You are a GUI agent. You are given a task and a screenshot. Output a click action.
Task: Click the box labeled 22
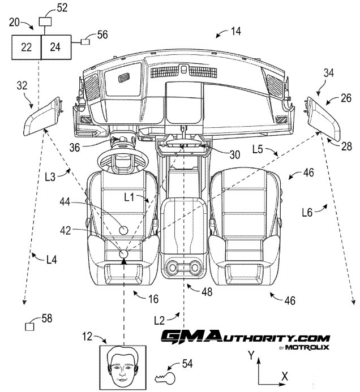tap(26, 47)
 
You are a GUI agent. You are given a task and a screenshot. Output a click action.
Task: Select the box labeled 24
tap(56, 47)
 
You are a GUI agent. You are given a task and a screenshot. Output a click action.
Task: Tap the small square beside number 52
tap(45, 21)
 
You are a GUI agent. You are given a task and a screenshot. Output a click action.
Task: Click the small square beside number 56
tap(85, 42)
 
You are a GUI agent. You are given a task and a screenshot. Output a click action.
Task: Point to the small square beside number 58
tap(30, 326)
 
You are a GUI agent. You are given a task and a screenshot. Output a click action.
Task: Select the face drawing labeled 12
tap(123, 368)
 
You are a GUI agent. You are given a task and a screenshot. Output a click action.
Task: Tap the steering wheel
tap(123, 162)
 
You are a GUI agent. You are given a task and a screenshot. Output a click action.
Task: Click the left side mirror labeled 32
tap(42, 116)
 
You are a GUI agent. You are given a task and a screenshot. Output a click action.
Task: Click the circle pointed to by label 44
tap(123, 230)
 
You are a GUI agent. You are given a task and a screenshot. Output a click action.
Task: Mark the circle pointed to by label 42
tap(123, 254)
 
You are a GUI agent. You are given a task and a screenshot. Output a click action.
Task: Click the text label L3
tap(50, 177)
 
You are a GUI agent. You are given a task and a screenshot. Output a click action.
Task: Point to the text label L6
tap(307, 213)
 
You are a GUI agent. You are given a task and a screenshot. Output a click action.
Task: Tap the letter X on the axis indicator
tap(285, 376)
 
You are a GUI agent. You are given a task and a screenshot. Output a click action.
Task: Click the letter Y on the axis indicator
tap(251, 355)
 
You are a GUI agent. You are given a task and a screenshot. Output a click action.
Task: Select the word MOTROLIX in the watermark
tap(307, 347)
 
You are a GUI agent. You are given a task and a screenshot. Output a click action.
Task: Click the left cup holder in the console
tap(173, 268)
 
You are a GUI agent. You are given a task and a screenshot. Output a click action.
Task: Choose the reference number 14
tap(235, 31)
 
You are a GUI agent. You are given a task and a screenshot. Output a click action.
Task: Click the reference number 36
tap(75, 148)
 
